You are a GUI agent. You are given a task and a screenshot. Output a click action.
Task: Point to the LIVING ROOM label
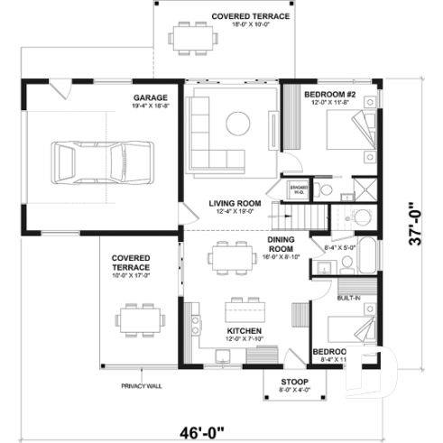coord(235,204)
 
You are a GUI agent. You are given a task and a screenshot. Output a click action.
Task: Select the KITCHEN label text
coord(244,332)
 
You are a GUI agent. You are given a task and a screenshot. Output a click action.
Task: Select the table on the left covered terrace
coord(139,318)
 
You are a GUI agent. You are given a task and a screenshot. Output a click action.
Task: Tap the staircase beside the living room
coord(306,217)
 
